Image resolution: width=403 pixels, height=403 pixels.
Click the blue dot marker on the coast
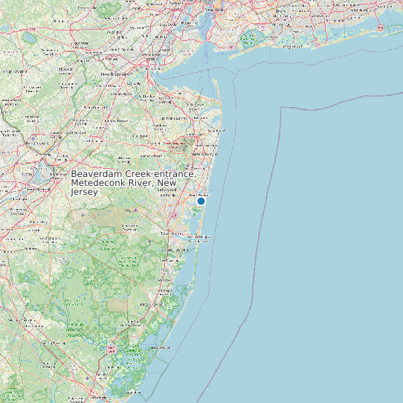pos(201,201)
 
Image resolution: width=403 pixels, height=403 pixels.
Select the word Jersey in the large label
pos(85,192)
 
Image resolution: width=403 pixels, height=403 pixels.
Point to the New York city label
pos(213,10)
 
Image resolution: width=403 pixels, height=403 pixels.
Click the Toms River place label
pos(173,233)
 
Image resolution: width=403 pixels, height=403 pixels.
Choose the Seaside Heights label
pos(199,238)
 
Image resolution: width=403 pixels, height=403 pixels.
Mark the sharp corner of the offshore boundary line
pos(281,108)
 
